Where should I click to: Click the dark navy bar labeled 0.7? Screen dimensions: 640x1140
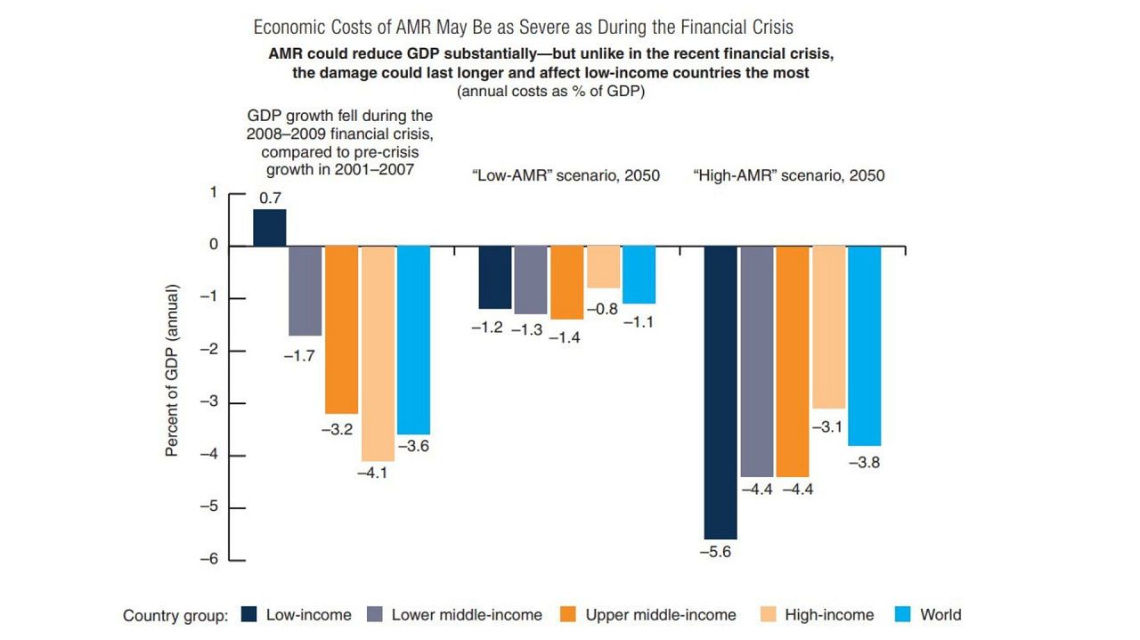coord(270,228)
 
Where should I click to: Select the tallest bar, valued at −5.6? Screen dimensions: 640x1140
coord(721,392)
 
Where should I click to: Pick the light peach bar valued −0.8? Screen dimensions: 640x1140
coord(603,267)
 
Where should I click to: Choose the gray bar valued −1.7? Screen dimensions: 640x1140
coord(305,290)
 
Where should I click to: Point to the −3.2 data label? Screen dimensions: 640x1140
coord(341,430)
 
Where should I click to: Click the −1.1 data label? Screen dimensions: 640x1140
coord(638,322)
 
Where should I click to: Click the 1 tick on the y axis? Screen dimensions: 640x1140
coord(213,193)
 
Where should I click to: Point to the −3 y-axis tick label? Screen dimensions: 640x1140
coord(210,402)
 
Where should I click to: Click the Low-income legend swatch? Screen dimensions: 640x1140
coord(250,615)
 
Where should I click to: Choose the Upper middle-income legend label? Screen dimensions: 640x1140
coord(660,615)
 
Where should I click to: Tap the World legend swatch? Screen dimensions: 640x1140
coord(904,615)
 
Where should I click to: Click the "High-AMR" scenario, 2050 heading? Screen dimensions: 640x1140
coord(788,175)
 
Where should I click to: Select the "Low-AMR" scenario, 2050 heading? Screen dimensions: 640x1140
coord(566,175)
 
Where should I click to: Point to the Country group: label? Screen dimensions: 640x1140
coord(175,616)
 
